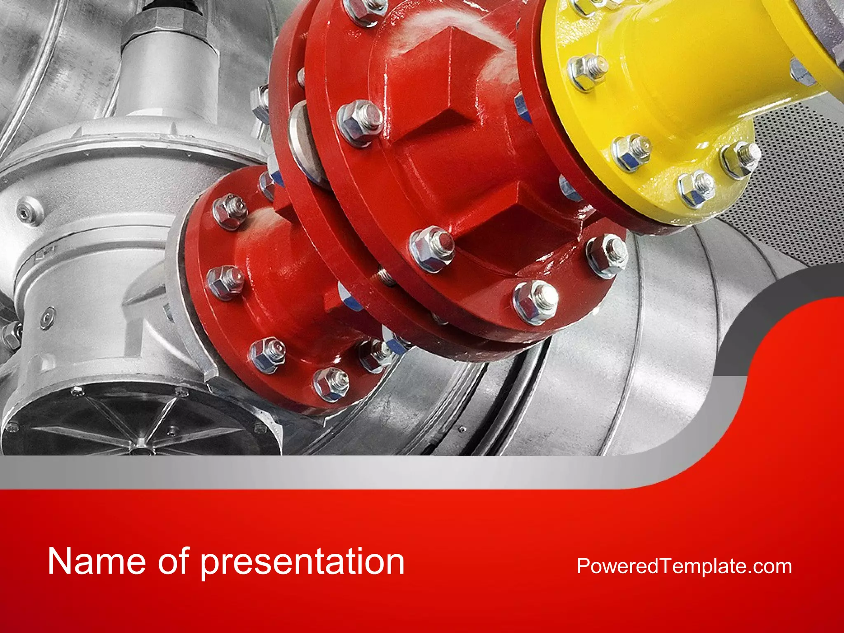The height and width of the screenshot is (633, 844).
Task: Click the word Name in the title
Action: click(x=97, y=561)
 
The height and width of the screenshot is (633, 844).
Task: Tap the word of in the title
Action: click(x=173, y=561)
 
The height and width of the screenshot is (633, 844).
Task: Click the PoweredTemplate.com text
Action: click(x=684, y=566)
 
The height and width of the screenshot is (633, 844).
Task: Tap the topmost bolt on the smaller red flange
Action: click(x=230, y=211)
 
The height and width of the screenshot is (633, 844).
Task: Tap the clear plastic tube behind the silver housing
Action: click(x=41, y=62)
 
